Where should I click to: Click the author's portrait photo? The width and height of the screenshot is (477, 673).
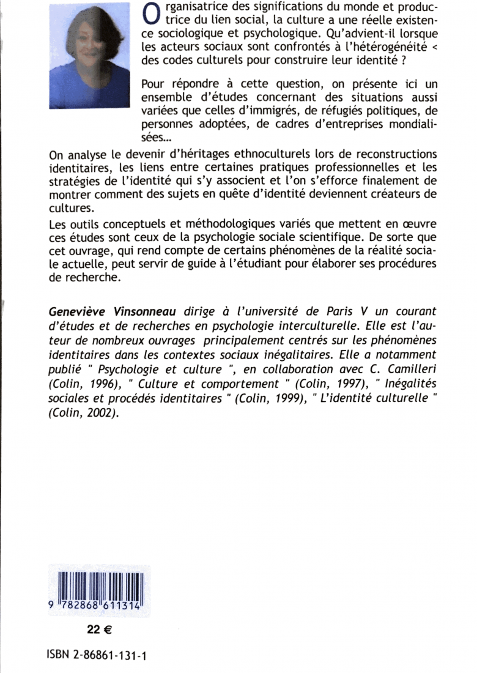click(89, 55)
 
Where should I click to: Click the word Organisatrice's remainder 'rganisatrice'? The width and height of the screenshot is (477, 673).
click(196, 7)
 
